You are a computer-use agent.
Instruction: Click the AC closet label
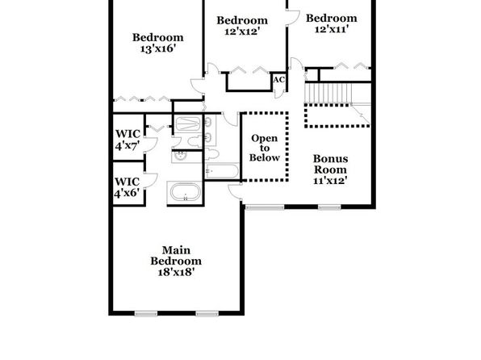click(x=279, y=80)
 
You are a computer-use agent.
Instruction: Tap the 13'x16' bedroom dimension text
click(x=158, y=48)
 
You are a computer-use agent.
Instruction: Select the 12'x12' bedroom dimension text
click(x=242, y=31)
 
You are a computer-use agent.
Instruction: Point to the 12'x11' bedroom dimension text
click(x=332, y=29)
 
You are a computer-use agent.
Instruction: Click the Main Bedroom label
click(x=176, y=255)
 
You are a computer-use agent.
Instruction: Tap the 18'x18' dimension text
click(x=176, y=272)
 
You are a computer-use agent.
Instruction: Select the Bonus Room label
click(x=330, y=164)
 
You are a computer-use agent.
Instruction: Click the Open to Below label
click(x=265, y=148)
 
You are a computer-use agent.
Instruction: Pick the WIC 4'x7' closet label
click(x=128, y=140)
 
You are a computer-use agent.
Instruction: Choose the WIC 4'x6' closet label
click(x=127, y=187)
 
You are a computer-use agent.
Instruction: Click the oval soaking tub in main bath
click(x=186, y=192)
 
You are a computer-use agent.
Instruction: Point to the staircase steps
click(x=328, y=94)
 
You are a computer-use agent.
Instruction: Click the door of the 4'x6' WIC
click(x=151, y=180)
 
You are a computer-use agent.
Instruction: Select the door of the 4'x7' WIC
click(x=150, y=144)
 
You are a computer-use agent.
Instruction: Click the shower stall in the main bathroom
click(x=188, y=124)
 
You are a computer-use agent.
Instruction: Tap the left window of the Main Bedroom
click(x=146, y=313)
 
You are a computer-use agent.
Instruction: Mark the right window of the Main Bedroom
click(x=207, y=313)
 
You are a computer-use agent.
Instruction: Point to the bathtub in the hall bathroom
click(x=222, y=171)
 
